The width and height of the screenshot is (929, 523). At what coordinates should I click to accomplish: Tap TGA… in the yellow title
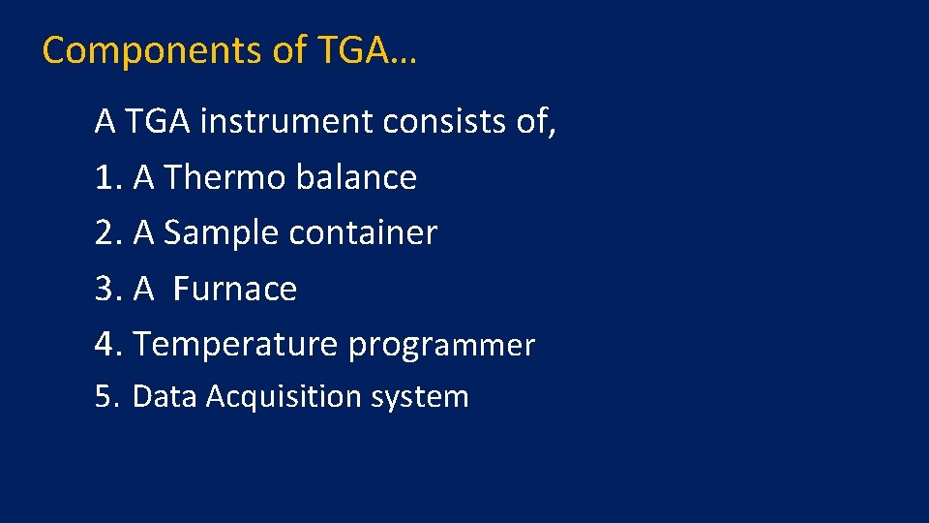(x=367, y=50)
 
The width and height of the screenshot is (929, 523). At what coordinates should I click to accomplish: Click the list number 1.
(x=105, y=178)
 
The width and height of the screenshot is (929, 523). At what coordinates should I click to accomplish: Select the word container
(x=367, y=233)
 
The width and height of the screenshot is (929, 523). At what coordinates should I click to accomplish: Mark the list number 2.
(x=105, y=233)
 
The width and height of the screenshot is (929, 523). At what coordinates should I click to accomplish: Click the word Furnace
(x=235, y=290)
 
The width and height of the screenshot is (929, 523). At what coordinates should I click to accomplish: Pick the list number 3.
(x=105, y=290)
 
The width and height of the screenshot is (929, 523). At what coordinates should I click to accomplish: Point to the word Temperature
(x=235, y=345)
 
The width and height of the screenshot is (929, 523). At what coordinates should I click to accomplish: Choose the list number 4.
(x=105, y=345)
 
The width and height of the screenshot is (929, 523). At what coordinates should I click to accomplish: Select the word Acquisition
(x=267, y=397)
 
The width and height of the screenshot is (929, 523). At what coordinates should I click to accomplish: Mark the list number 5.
(x=105, y=397)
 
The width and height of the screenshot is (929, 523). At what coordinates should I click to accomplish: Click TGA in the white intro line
(x=157, y=122)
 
